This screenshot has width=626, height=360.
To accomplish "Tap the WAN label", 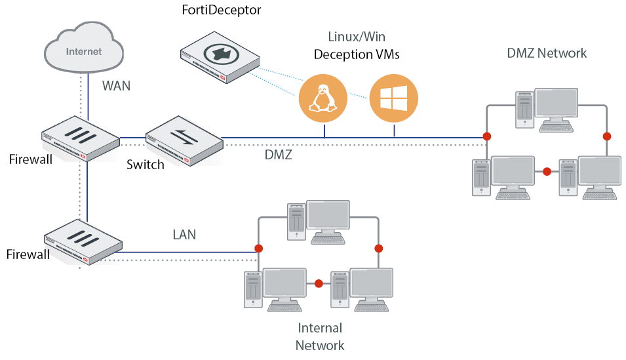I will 117,85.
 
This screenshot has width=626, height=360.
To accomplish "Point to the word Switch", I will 145,164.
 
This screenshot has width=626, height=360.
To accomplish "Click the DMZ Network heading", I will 547,53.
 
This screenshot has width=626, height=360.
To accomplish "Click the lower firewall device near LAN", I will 84,241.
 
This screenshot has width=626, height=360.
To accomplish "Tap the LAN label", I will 184,234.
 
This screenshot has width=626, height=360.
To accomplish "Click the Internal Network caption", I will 320,336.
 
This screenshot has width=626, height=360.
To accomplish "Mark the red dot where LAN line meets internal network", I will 259,249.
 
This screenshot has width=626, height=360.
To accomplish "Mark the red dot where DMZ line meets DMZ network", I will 486,136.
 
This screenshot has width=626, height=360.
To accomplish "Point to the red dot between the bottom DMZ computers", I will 547,172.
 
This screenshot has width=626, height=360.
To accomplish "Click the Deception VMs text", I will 357,54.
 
